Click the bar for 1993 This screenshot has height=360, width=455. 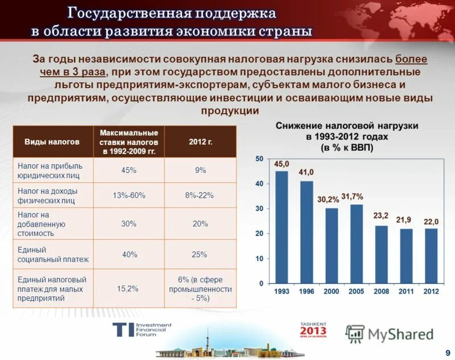point(282,227)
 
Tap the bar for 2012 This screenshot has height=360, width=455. point(431,255)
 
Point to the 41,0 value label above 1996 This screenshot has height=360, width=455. point(307,172)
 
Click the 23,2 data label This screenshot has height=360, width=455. point(381,216)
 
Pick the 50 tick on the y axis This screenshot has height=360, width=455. point(259,159)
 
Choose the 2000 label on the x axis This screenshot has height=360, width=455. point(332,291)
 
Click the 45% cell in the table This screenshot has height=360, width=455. point(129,170)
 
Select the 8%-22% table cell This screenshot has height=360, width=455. point(200,195)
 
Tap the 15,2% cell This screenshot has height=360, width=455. point(128,289)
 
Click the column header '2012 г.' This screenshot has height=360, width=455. point(200,142)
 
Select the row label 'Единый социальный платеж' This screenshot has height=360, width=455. point(53,255)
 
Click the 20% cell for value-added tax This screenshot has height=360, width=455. point(200,224)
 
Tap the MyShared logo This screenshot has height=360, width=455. point(389,333)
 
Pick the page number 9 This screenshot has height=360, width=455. point(448,351)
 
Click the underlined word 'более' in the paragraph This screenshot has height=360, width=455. point(411,59)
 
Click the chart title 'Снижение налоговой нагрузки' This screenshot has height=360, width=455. point(347,126)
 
